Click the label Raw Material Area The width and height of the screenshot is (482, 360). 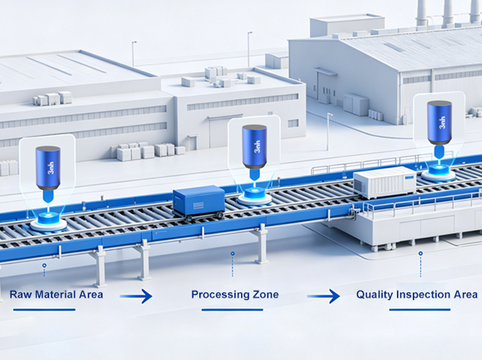pyautogui.click(x=56, y=294)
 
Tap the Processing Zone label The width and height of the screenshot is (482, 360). pyautogui.click(x=235, y=294)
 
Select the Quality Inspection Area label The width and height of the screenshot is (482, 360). pyautogui.click(x=417, y=294)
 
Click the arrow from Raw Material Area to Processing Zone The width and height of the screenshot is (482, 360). pyautogui.click(x=136, y=296)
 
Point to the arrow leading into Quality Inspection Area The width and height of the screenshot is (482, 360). pyautogui.click(x=324, y=296)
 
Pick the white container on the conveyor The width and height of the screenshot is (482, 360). pyautogui.click(x=384, y=182)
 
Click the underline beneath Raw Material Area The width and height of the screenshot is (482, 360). pyautogui.click(x=44, y=310)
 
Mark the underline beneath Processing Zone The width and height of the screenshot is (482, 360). pyautogui.click(x=233, y=310)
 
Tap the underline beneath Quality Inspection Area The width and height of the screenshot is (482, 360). pyautogui.click(x=420, y=310)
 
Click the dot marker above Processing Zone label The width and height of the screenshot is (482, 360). pyautogui.click(x=233, y=253)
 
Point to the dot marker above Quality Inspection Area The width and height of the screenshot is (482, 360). pyautogui.click(x=420, y=253)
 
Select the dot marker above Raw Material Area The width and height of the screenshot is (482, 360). pyautogui.click(x=44, y=265)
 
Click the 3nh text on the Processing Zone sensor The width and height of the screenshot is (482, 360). pyautogui.click(x=258, y=147)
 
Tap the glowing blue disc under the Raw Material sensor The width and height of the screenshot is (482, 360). pyautogui.click(x=48, y=218)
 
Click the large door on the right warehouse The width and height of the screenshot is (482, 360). pyautogui.click(x=324, y=87)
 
